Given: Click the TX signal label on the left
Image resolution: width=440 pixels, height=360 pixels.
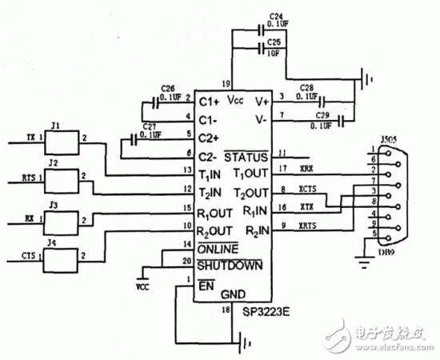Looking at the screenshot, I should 31,137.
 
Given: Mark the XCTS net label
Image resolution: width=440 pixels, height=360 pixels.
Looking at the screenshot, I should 306,190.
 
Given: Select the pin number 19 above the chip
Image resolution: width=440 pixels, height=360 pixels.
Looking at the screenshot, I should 226,82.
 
